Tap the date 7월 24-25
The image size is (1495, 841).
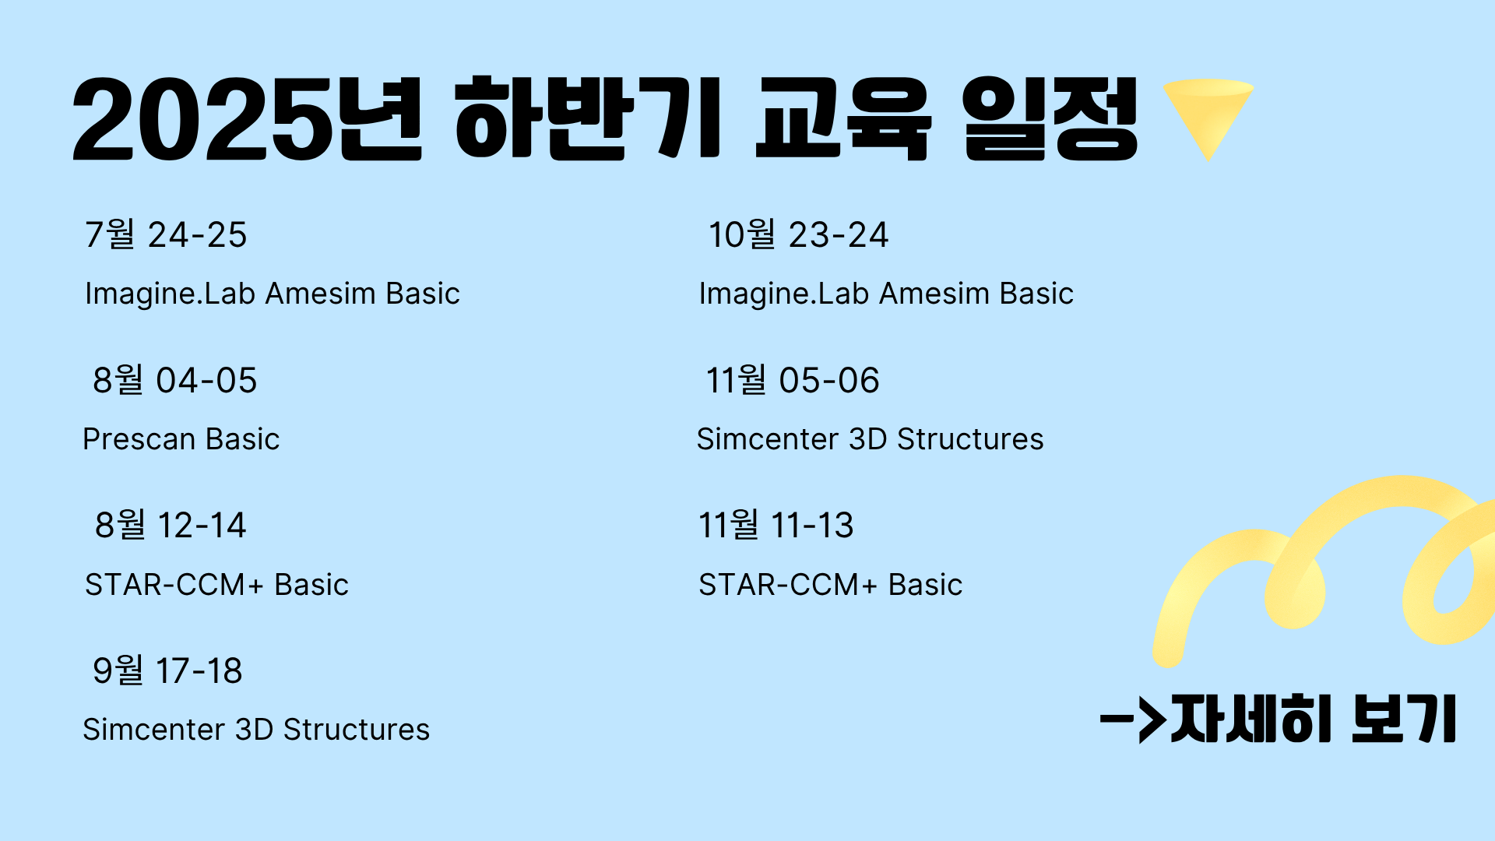[166, 234]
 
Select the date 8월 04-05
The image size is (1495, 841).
[175, 380]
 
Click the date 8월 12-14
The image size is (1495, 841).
[171, 525]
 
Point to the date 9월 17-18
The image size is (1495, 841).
[167, 670]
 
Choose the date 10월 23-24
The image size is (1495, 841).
[798, 234]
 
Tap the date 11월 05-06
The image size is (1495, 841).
[793, 380]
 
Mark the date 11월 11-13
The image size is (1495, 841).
[776, 525]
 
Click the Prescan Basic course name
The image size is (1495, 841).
[181, 439]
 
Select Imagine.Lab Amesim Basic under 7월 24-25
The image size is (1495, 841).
[273, 294]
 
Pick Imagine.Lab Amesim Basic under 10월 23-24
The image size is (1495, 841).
[886, 294]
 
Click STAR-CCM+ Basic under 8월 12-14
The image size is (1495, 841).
[216, 585]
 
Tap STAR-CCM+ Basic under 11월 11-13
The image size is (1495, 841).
[831, 585]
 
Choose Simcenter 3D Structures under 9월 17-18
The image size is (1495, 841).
[256, 730]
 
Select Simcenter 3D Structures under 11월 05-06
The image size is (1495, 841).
[870, 439]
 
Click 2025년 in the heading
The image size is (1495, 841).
[247, 118]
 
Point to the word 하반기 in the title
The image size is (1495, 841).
[589, 118]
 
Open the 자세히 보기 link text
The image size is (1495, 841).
[1313, 718]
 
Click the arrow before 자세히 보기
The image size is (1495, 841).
[1133, 719]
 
